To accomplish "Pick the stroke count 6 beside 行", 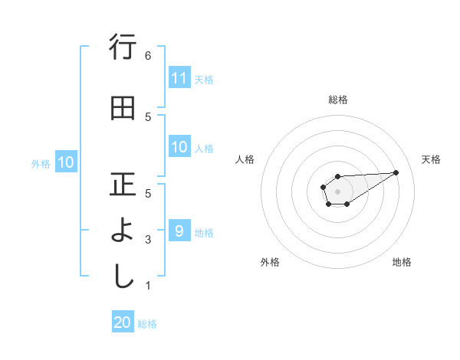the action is coord(148,56).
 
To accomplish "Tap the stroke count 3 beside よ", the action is coord(148,240).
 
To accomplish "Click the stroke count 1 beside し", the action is coord(148,286).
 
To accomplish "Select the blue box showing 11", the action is coord(179,78).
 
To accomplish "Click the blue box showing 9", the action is coord(179,231).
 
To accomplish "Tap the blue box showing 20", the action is coord(123,322).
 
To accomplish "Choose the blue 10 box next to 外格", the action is coord(66,162).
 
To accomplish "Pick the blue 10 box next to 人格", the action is coord(179,147).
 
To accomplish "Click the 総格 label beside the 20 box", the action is coord(147,324).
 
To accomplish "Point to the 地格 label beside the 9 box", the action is coord(204,232).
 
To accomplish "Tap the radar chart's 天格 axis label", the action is coord(432,159).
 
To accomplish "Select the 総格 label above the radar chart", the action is coord(337,100).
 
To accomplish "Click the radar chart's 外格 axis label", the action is coord(270,262).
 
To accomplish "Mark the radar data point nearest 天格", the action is coord(396,172).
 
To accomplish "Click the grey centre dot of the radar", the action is coord(337,191).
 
